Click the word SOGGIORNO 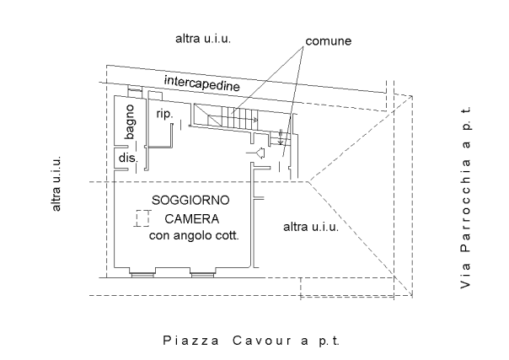(190, 201)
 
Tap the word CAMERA (192, 219)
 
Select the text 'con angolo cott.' (194, 235)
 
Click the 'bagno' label (130, 121)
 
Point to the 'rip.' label (164, 114)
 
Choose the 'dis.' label (128, 159)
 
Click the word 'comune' (328, 41)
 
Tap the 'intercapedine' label (202, 83)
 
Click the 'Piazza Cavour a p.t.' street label (251, 341)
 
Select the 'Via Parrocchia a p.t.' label (465, 197)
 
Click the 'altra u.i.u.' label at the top (203, 39)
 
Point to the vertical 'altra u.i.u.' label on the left (56, 184)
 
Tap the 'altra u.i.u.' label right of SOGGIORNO (311, 227)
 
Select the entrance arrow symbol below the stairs (256, 153)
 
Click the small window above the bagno (135, 89)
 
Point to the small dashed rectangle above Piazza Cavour (347, 287)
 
